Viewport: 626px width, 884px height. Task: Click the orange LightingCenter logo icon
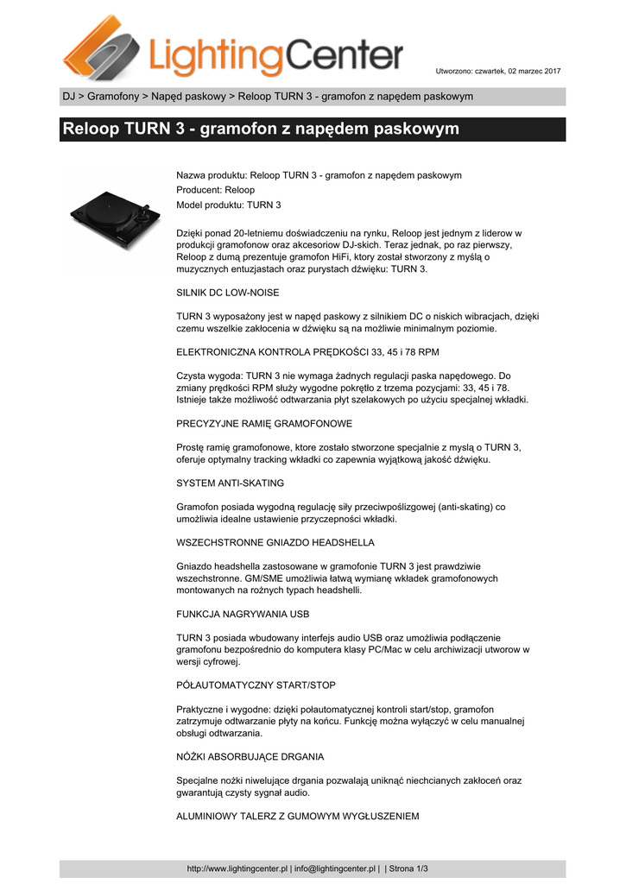tap(98, 47)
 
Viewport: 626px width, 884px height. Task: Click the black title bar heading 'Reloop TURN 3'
tap(260, 129)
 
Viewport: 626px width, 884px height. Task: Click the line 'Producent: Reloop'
tap(216, 190)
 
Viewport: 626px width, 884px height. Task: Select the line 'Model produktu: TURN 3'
tap(229, 205)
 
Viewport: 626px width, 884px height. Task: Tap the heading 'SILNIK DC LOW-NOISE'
tap(228, 293)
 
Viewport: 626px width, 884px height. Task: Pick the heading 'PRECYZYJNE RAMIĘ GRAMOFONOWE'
tap(264, 424)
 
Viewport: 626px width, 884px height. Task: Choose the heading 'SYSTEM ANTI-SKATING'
tap(231, 483)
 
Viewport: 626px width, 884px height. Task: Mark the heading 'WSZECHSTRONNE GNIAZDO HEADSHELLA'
tap(275, 542)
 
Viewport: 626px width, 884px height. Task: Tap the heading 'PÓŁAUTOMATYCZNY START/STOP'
tap(256, 685)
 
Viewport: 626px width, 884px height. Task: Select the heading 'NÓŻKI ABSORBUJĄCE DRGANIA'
tap(250, 756)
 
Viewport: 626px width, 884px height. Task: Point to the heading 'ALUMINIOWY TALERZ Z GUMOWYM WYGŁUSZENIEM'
tap(298, 816)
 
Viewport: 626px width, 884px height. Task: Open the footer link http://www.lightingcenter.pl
tap(237, 868)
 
